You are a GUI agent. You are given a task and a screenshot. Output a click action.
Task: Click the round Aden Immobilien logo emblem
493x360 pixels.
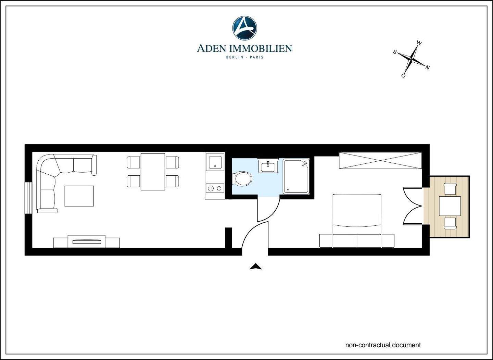click(244, 27)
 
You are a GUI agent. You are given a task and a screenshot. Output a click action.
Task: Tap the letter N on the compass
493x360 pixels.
click(427, 67)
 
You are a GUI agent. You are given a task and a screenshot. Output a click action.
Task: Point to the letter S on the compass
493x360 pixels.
click(395, 52)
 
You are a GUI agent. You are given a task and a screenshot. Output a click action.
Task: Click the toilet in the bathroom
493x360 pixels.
click(243, 178)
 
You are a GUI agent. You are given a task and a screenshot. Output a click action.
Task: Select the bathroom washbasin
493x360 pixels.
click(268, 166)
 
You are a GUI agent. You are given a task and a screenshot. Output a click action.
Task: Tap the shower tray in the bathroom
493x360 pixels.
click(296, 176)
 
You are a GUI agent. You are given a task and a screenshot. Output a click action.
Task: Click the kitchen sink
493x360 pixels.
click(215, 162)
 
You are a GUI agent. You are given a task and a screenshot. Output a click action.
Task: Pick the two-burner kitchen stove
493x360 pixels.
click(215, 188)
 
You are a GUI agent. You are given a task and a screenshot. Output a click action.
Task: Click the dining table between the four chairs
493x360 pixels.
click(153, 171)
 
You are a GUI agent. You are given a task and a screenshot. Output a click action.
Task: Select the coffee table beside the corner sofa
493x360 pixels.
click(79, 196)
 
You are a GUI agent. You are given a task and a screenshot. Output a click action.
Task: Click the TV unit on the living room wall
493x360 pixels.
click(87, 241)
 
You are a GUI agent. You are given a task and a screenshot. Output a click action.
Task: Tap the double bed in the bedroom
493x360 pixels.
click(357, 216)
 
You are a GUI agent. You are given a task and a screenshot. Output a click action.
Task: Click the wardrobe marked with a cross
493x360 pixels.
click(380, 160)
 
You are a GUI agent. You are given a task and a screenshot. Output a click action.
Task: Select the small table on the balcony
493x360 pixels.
click(450, 206)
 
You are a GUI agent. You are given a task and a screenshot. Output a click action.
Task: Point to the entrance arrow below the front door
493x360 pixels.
click(255, 266)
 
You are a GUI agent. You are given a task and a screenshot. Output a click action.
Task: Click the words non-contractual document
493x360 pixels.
click(383, 345)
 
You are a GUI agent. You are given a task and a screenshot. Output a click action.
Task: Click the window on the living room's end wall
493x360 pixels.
click(28, 198)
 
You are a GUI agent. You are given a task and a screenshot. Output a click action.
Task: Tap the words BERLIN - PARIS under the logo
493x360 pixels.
click(244, 57)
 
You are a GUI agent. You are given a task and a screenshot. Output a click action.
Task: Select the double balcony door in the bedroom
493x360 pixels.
click(413, 206)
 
